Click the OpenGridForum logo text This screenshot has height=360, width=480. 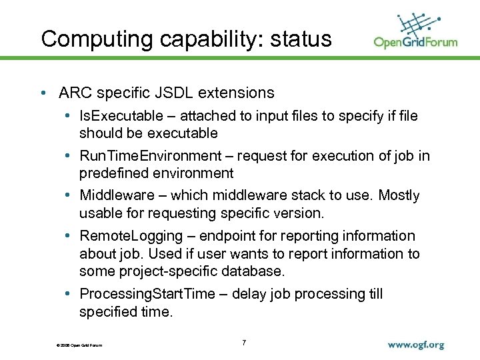click(x=415, y=43)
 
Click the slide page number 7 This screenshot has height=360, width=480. click(x=244, y=343)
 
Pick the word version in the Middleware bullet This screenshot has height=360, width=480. click(x=298, y=213)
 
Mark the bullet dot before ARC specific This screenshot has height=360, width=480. click(x=43, y=93)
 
